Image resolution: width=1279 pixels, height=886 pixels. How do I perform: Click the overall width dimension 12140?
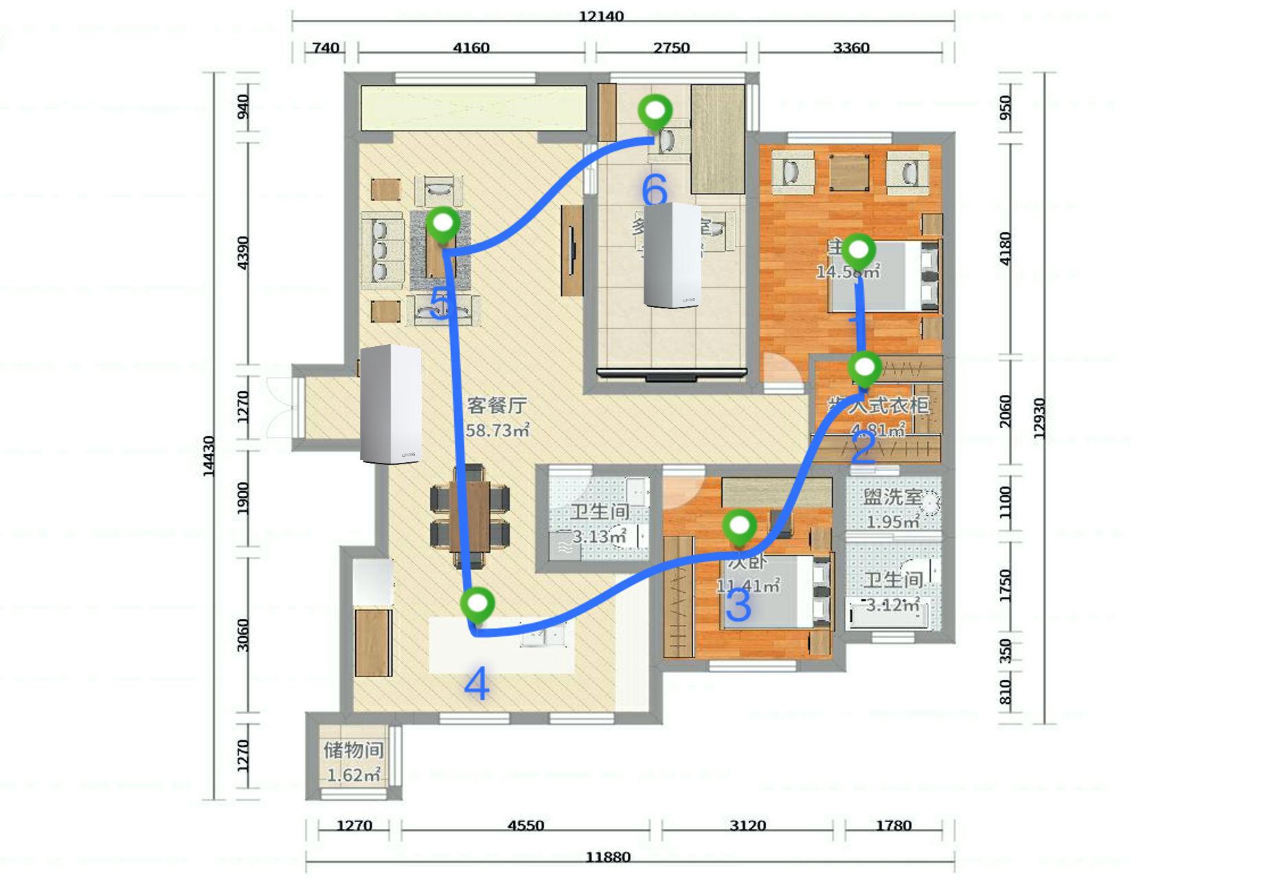click(x=600, y=16)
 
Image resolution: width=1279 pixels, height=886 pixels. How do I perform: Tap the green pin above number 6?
click(x=655, y=112)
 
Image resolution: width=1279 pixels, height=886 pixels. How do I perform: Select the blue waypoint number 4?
click(x=477, y=684)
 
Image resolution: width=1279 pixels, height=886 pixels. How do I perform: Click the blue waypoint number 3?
click(x=738, y=606)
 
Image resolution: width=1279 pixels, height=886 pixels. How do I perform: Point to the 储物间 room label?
click(x=353, y=750)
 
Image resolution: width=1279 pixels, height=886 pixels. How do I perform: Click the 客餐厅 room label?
click(x=497, y=405)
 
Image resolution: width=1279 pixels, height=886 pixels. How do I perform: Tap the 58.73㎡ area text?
click(x=497, y=431)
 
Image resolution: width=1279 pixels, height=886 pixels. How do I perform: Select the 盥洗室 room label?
click(x=892, y=497)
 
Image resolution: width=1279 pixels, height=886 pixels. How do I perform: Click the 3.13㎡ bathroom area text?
click(x=599, y=536)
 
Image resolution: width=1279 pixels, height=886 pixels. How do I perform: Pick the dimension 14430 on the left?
click(x=209, y=456)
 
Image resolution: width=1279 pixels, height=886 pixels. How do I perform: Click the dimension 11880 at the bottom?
click(x=607, y=857)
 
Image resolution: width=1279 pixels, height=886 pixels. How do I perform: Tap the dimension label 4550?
click(x=525, y=826)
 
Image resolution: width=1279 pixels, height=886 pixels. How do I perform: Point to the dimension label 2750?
click(x=671, y=48)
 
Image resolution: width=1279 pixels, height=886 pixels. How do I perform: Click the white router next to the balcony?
click(x=389, y=404)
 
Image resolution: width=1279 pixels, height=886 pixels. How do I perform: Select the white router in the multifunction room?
click(x=672, y=255)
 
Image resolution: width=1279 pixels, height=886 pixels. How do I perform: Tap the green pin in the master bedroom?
click(x=859, y=251)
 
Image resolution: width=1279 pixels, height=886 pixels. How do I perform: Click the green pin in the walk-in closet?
click(x=864, y=368)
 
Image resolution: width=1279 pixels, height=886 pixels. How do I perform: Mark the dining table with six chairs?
click(x=470, y=516)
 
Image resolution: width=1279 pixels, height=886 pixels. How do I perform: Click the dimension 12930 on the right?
click(x=1039, y=418)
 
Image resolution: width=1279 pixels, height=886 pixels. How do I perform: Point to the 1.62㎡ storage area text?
click(x=353, y=775)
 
